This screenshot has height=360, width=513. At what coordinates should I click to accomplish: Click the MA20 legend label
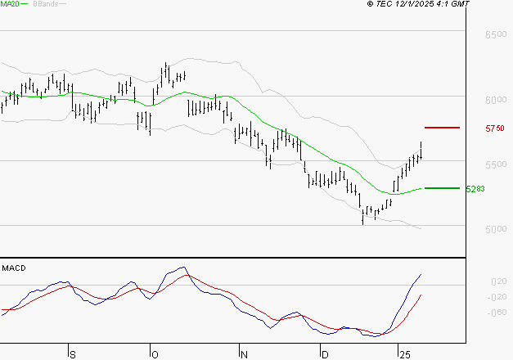9,5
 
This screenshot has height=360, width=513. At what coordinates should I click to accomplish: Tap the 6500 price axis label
496,37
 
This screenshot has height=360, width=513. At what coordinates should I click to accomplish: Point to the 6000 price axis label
496,101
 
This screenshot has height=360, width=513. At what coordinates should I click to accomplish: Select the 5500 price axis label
496,165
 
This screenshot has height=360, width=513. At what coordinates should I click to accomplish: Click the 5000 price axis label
496,229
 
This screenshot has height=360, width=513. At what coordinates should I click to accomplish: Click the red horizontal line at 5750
442,128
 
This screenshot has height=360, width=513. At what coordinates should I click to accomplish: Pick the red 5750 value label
494,129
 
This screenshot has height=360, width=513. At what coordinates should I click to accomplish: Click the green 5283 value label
475,189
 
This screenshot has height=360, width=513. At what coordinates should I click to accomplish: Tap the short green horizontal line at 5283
442,188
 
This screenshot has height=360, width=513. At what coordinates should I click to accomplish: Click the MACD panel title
13,268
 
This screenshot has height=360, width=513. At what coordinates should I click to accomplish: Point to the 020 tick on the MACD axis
497,281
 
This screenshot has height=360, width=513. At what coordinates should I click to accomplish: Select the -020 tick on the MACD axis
496,297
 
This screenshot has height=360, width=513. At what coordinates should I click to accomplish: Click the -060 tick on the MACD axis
496,313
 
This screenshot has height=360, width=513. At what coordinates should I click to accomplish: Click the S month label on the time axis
72,354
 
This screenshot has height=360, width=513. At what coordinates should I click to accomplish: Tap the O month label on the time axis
155,354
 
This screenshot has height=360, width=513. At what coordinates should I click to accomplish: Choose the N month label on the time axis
243,354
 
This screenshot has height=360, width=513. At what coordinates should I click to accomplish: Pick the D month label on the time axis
325,354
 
